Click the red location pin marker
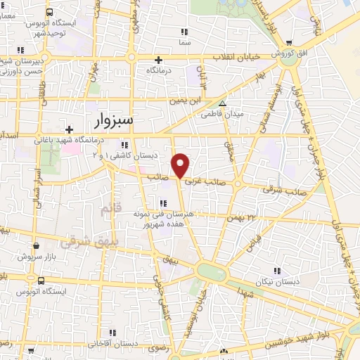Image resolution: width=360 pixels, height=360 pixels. (x=181, y=165)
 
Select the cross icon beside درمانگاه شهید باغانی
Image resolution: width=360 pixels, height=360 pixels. (x=69, y=129)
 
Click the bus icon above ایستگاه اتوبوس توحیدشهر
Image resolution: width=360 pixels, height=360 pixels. (x=49, y=13)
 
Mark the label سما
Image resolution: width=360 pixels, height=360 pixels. (x=185, y=43)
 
